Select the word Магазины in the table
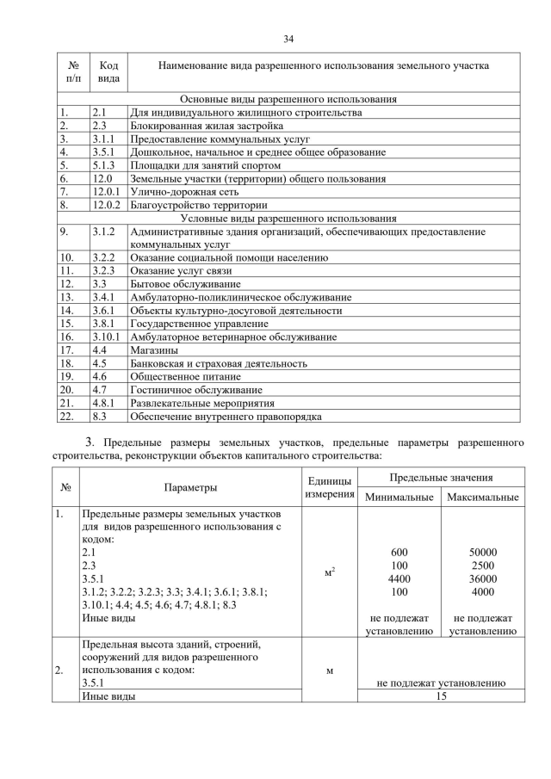coord(154,350)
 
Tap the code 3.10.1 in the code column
coord(108,337)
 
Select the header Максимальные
coord(482,497)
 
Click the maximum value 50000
coord(482,553)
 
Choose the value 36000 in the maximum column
coord(482,579)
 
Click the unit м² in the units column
coord(329,572)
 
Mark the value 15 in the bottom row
coord(440,696)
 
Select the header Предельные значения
coord(440,477)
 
